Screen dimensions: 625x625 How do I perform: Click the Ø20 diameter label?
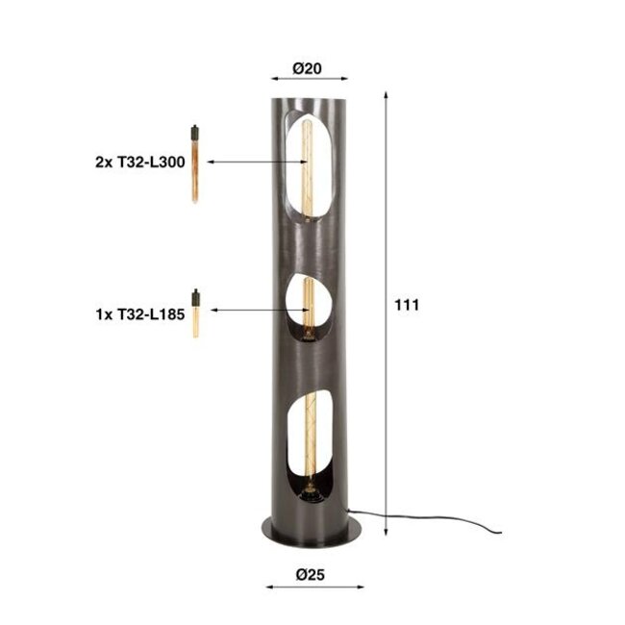[x=307, y=68]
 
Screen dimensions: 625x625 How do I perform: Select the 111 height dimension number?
[x=408, y=306]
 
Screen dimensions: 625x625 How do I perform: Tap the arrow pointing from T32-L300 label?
[x=250, y=162]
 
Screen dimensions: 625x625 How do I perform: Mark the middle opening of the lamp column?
[x=308, y=309]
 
